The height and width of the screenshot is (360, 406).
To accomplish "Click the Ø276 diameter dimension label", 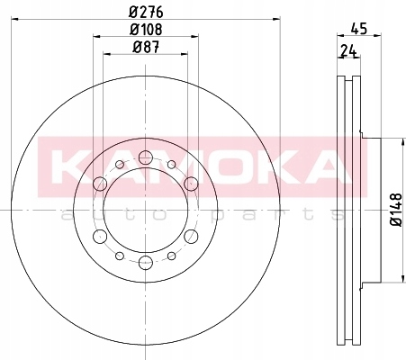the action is (146, 12).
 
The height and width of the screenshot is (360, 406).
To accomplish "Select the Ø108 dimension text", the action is (146, 30).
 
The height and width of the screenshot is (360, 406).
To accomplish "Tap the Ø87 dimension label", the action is (146, 47).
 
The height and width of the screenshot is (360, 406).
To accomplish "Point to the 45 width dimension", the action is (358, 29).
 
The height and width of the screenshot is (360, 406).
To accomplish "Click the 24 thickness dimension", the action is (348, 51).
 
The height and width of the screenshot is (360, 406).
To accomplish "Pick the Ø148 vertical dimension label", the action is (396, 210).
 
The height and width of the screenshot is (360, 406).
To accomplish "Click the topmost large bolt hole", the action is (146, 157).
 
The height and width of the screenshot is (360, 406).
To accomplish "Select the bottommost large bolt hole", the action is (146, 263).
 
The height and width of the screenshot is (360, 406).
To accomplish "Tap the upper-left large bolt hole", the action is (100, 184).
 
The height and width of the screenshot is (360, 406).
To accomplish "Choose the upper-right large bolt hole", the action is (191, 184).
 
